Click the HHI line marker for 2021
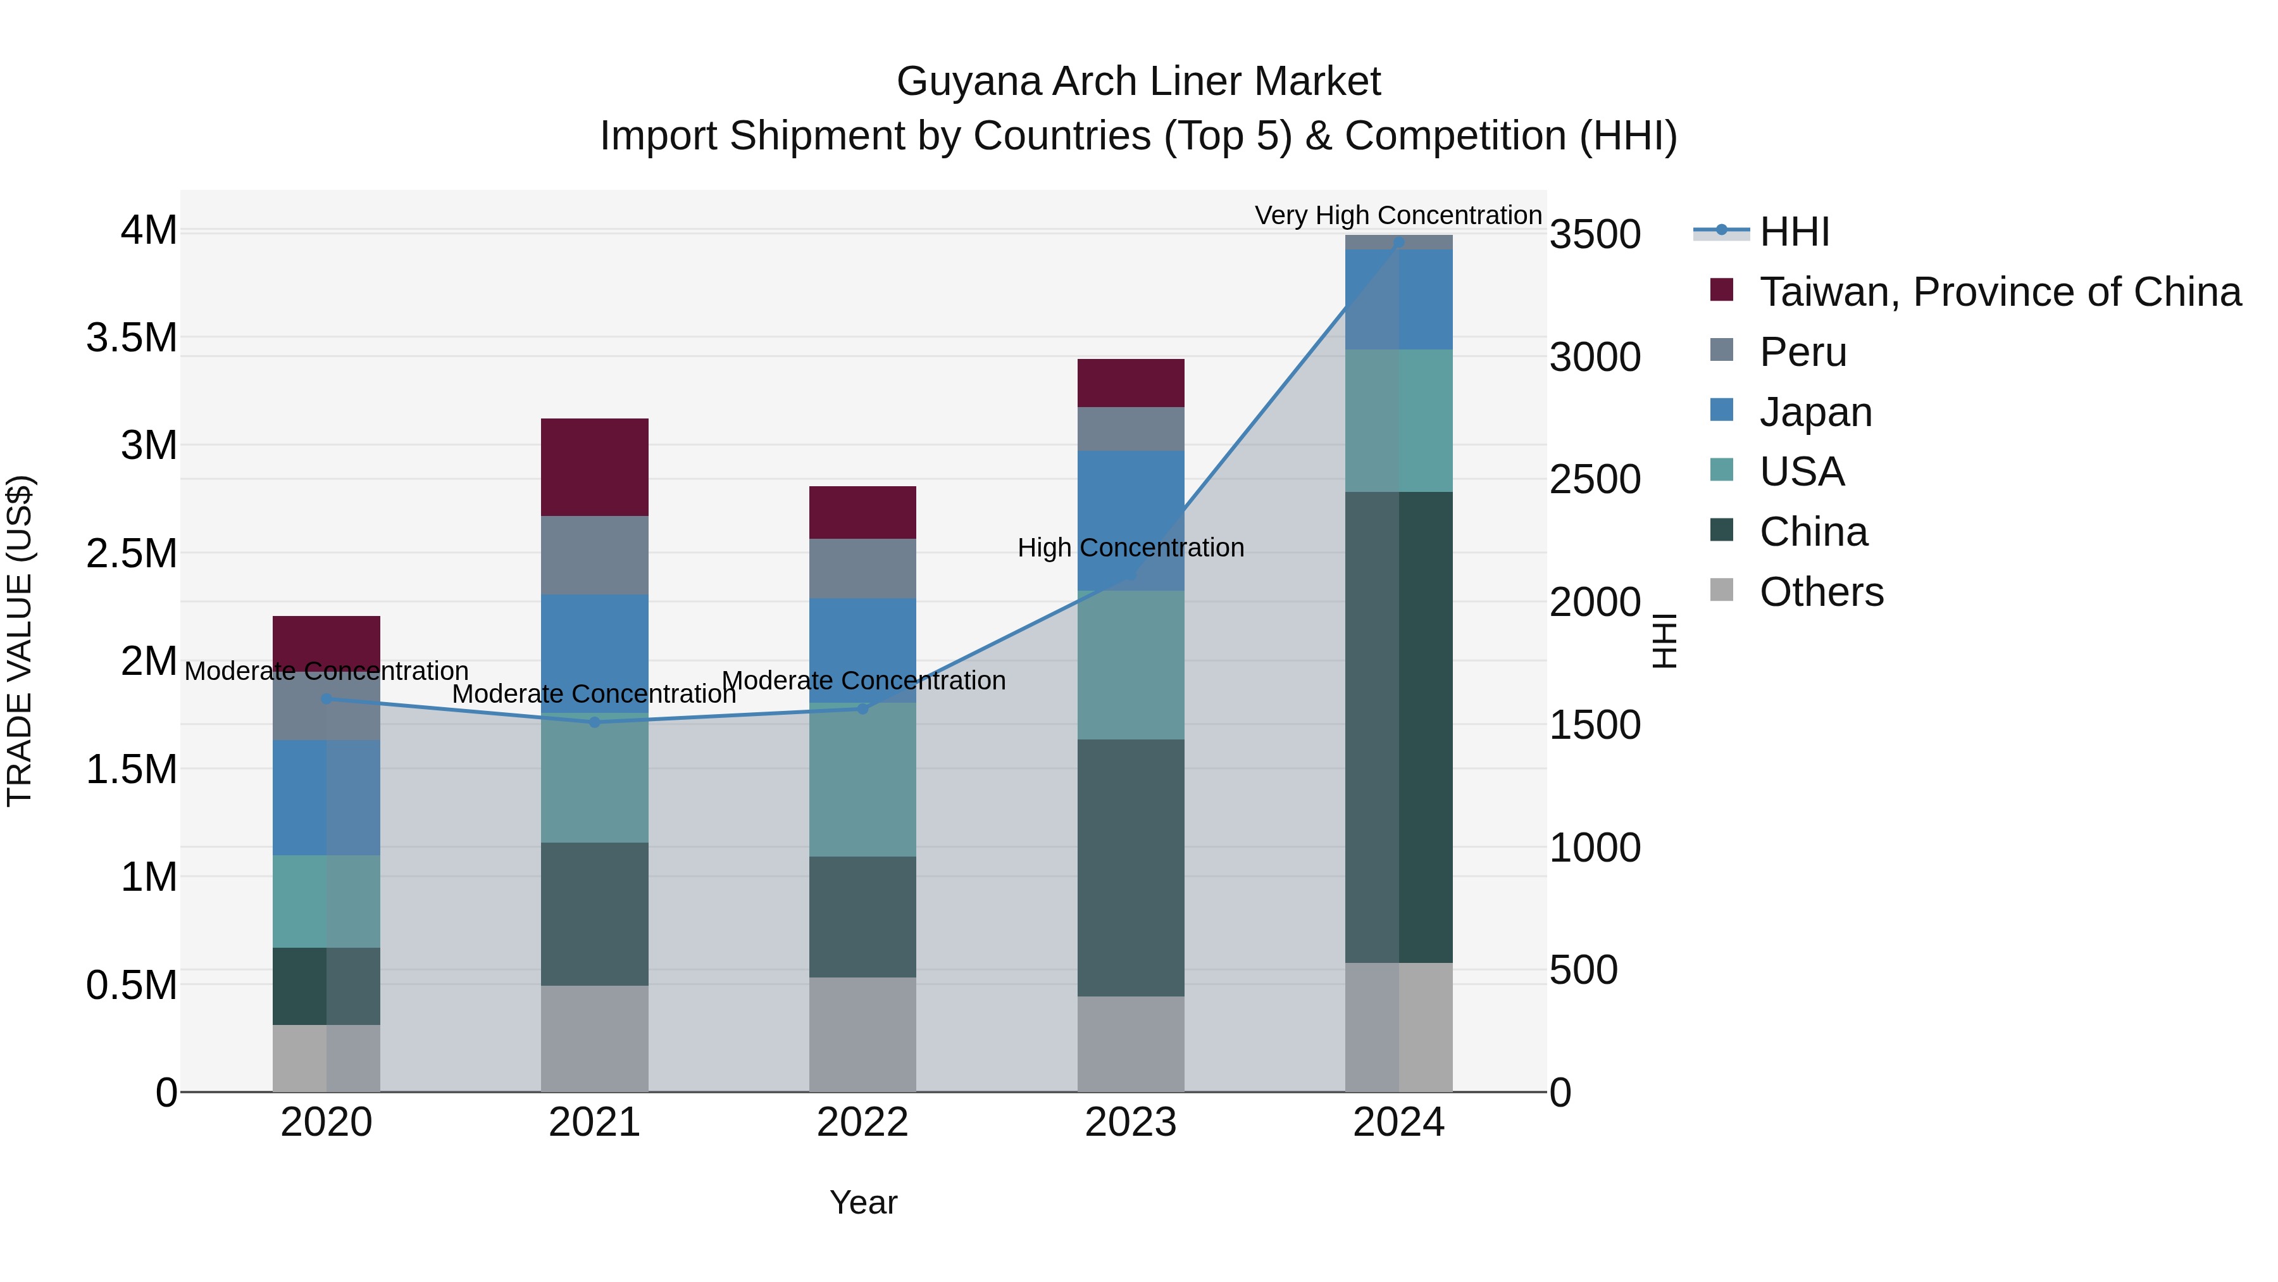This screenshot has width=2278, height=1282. [x=594, y=722]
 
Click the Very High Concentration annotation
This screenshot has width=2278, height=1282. [x=1397, y=215]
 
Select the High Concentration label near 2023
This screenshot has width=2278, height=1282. [x=1130, y=548]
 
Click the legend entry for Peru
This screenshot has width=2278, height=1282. [x=1802, y=352]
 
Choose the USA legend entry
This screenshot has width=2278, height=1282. [x=1800, y=472]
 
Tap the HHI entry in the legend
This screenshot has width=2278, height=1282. [x=1793, y=232]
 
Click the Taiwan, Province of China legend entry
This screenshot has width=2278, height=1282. [x=1998, y=292]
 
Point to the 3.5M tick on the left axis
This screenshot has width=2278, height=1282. [x=132, y=338]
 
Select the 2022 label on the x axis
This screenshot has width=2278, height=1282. [x=862, y=1122]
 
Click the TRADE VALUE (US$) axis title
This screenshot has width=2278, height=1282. [x=20, y=641]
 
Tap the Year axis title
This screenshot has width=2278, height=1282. [x=863, y=1202]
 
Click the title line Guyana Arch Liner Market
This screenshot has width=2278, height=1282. [x=1138, y=82]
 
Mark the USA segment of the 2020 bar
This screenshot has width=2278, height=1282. [x=327, y=901]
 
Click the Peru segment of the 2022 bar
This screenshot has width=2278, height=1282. [x=862, y=568]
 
